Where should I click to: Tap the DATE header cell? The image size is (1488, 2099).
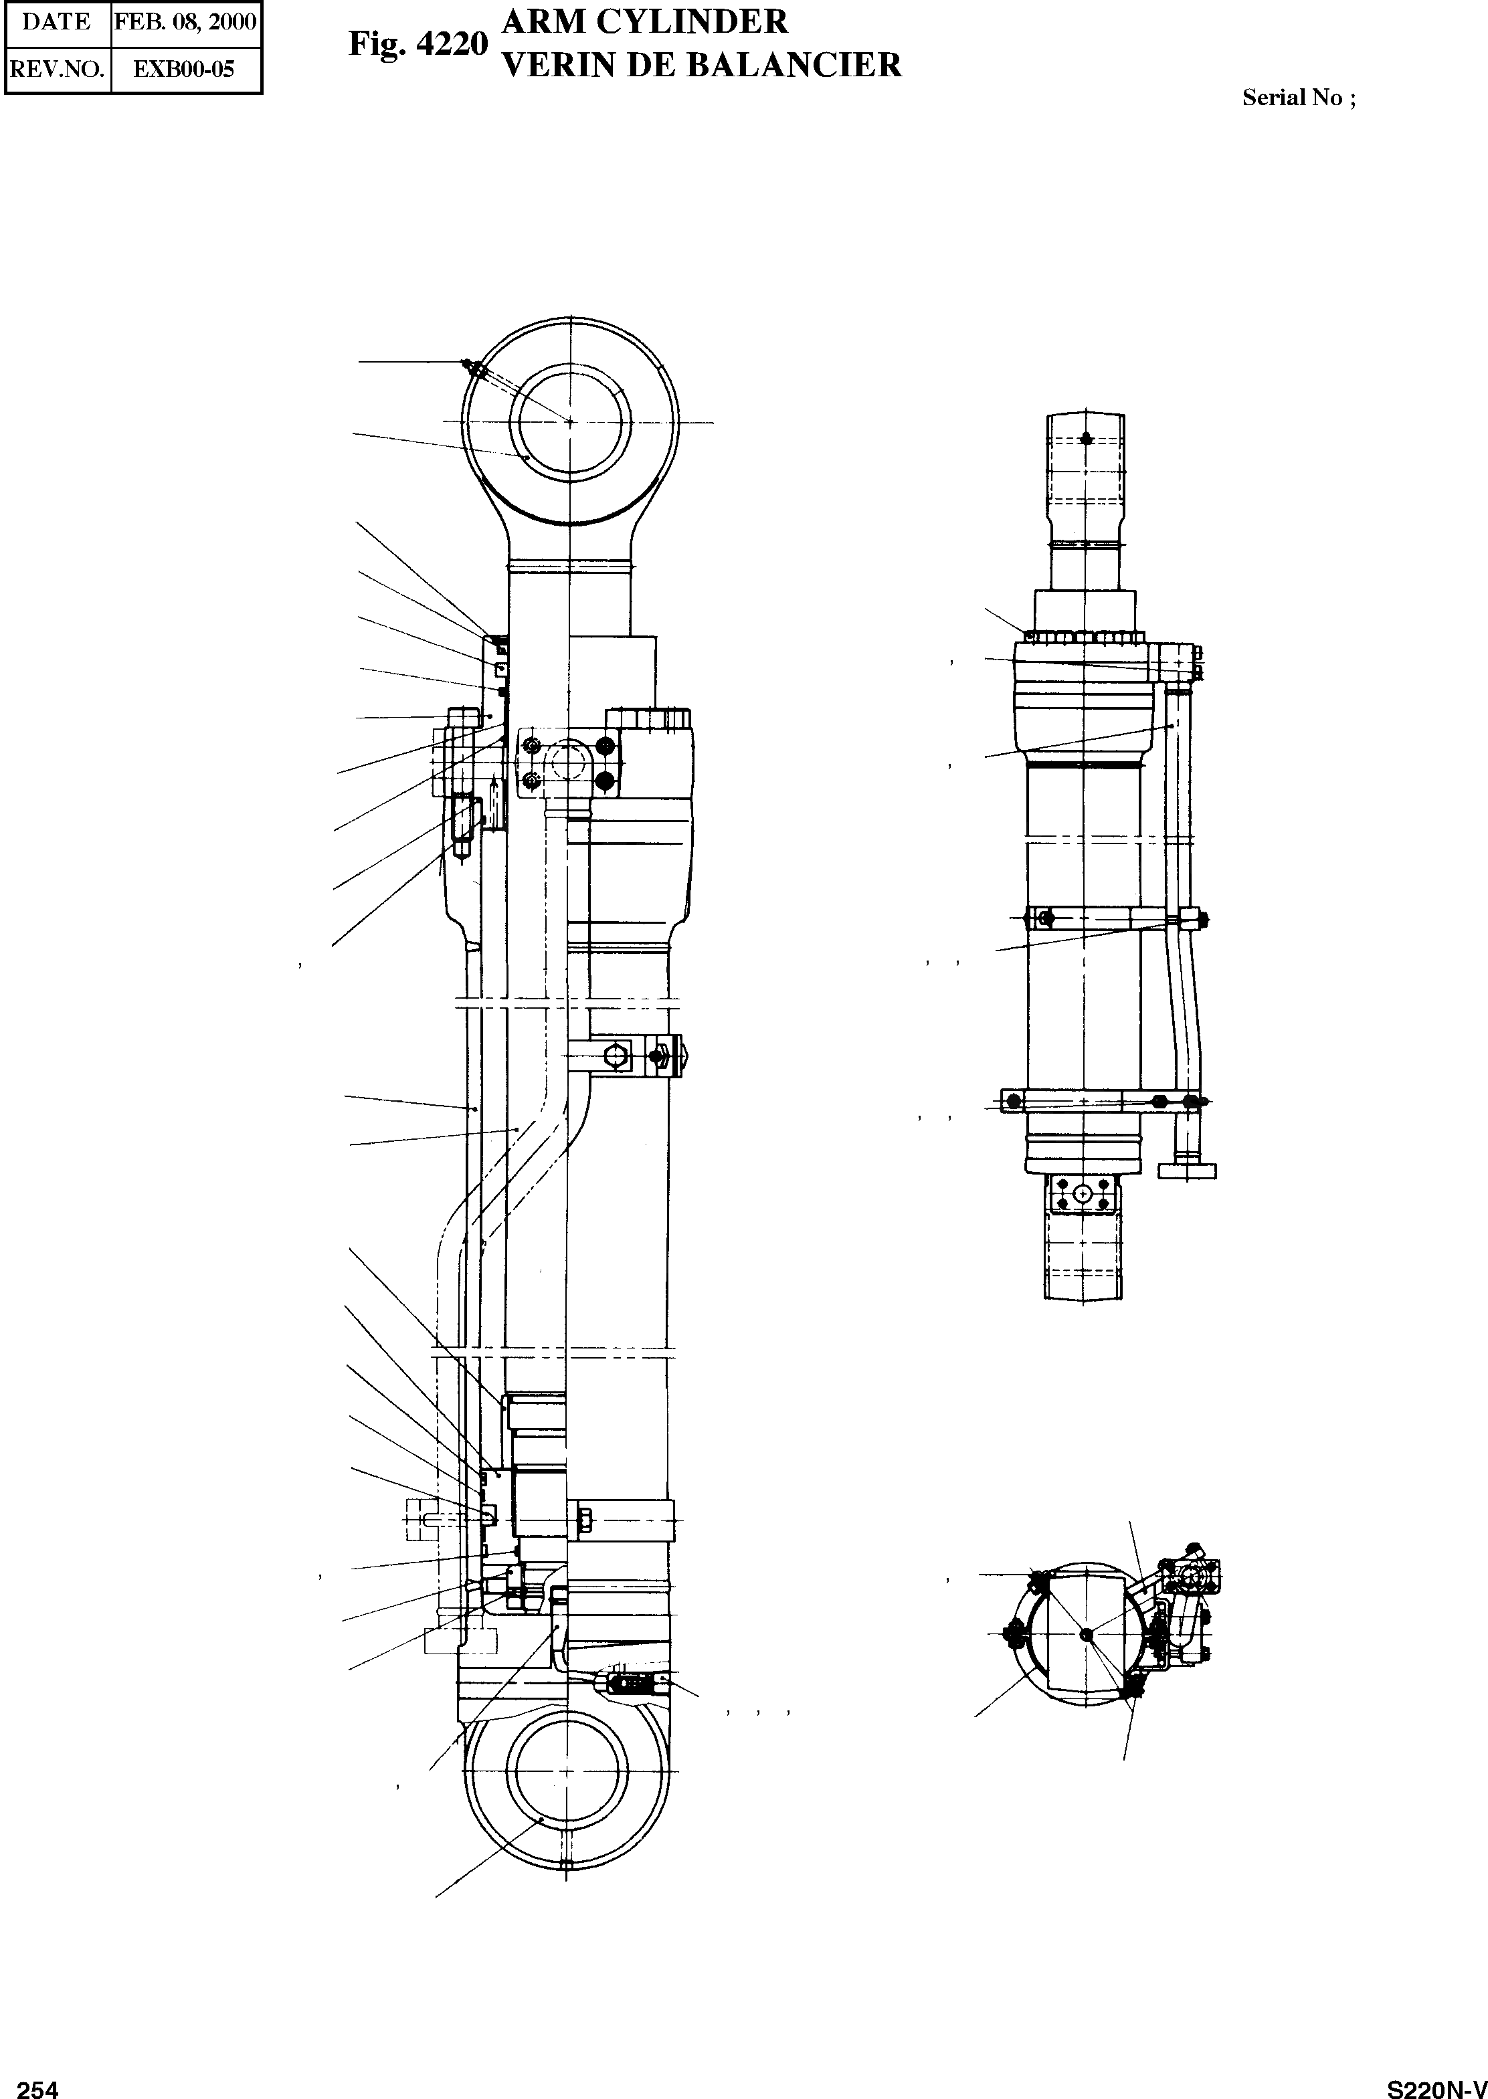[57, 22]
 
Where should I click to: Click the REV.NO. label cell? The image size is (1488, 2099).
[57, 69]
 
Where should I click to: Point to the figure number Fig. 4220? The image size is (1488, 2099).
[417, 44]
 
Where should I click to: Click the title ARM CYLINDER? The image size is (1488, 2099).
[645, 21]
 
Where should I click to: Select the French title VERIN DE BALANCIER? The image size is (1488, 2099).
[703, 65]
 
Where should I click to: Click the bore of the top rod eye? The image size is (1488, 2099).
[570, 422]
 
